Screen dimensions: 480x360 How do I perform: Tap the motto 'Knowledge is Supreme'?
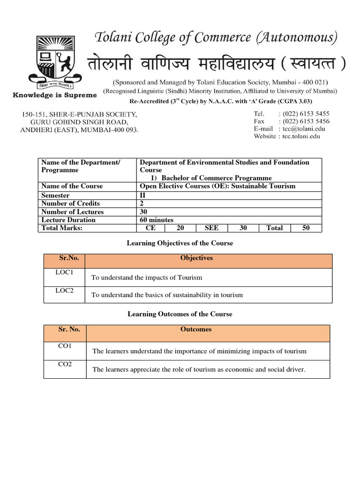tap(54, 95)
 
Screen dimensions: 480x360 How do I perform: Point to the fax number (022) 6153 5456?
tap(305, 121)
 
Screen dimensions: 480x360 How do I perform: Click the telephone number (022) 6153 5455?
tap(305, 113)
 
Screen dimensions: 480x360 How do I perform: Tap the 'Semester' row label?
tap(55, 195)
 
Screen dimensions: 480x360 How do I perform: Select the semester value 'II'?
tap(143, 195)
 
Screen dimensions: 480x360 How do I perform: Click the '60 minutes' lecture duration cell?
tap(157, 220)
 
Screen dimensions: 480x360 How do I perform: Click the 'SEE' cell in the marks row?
tap(212, 228)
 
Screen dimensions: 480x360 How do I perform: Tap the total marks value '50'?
tap(306, 228)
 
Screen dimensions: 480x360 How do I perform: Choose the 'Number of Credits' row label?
tap(70, 203)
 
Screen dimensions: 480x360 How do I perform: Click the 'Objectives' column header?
tap(196, 258)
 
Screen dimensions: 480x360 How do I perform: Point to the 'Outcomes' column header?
tap(196, 329)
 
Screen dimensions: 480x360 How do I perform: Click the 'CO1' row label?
tap(65, 346)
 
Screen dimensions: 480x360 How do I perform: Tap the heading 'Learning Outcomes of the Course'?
tap(180, 314)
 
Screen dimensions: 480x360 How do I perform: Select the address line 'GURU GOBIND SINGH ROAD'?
tap(79, 122)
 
